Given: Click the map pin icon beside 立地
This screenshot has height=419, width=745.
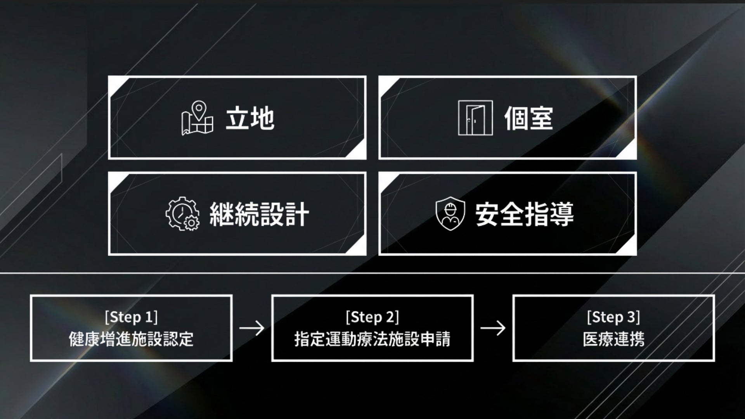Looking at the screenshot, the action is coord(197,118).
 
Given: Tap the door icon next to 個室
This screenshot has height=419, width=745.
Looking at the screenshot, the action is coord(475,118).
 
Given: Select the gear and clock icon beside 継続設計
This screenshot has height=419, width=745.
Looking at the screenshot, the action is coord(182,214).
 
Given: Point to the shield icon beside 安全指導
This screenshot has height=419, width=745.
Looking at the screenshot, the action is coord(450,214).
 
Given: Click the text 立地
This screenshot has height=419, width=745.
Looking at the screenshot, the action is coord(250,118).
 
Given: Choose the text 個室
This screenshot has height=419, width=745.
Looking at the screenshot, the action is coord(528,118).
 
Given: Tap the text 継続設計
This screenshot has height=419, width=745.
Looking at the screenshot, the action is coord(259,214).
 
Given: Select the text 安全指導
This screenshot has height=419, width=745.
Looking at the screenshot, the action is coord(524,214).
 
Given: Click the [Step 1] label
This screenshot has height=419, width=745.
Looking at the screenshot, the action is coord(131,317).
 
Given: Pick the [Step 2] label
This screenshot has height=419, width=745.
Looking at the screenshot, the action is coord(372,317).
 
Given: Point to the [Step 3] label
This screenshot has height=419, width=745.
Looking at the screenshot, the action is coord(613,317).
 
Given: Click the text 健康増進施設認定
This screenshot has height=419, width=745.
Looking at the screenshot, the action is coord(131,339).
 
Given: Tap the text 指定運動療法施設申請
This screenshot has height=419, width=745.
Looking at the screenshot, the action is coord(372,339).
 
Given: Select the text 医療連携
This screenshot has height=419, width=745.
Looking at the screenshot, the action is coord(613,339).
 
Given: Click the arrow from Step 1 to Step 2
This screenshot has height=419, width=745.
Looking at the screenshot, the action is coord(252,328).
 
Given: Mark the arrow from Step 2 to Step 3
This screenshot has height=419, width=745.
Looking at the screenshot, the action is coord(493,328).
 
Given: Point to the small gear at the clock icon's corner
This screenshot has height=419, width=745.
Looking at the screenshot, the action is coord(192,223).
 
